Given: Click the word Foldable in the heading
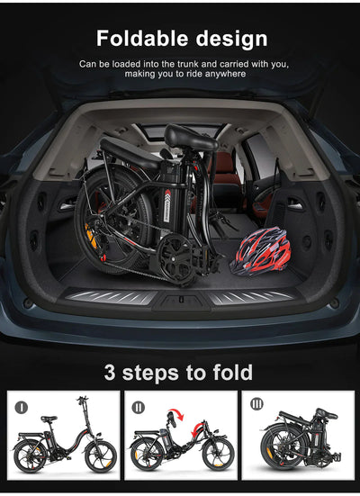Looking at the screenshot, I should click(141, 39).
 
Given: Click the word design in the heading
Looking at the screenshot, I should click(228, 39).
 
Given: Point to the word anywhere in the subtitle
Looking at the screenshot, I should click(224, 76).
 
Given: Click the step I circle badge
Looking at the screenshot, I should click(22, 406).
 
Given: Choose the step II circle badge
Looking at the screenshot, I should click(138, 406).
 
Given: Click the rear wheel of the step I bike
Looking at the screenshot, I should click(31, 454).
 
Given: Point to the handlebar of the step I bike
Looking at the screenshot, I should click(83, 400).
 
